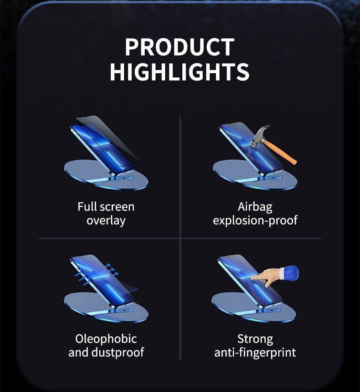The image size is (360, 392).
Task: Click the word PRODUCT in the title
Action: (180, 47)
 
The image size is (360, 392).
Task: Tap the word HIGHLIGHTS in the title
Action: (180, 72)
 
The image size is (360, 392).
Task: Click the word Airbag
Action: (255, 206)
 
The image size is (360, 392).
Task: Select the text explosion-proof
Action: (255, 220)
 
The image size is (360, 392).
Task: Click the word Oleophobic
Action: (106, 338)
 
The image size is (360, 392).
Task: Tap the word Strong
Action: (255, 338)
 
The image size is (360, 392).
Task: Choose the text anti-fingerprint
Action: (255, 352)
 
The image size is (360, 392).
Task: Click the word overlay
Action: (106, 220)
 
